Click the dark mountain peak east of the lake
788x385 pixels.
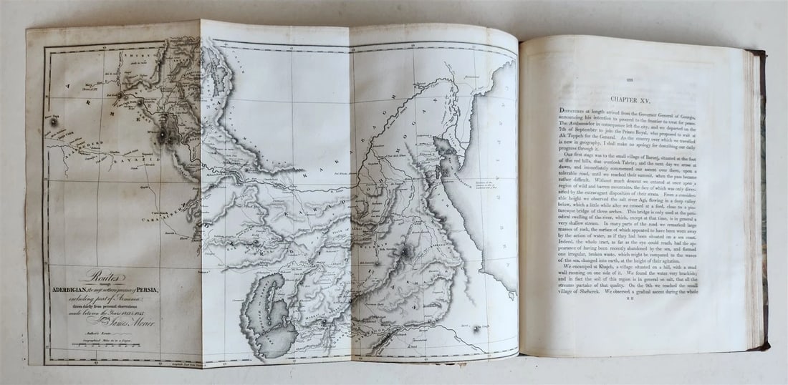click(x=405, y=251)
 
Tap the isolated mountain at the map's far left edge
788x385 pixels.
click(x=53, y=122)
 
